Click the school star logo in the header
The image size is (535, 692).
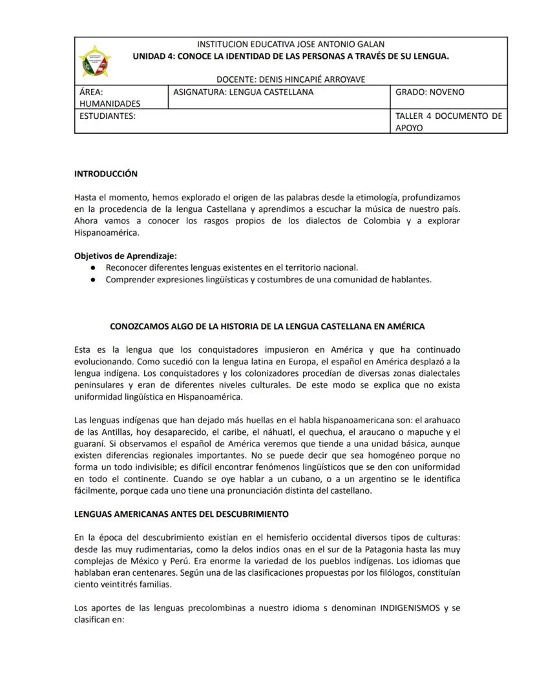click(95, 61)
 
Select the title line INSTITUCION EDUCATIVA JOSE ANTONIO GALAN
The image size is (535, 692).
click(290, 45)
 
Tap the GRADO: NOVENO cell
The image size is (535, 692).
click(429, 92)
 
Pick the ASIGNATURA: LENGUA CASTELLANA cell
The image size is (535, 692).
click(243, 92)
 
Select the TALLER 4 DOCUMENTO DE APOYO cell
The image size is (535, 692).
click(448, 122)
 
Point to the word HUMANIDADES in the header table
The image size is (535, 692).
click(109, 103)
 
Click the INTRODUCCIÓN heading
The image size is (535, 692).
click(106, 174)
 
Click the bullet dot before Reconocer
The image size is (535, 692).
click(94, 267)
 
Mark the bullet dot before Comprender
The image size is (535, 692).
click(94, 280)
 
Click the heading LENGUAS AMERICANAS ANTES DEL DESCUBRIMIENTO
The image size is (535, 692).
click(181, 514)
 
